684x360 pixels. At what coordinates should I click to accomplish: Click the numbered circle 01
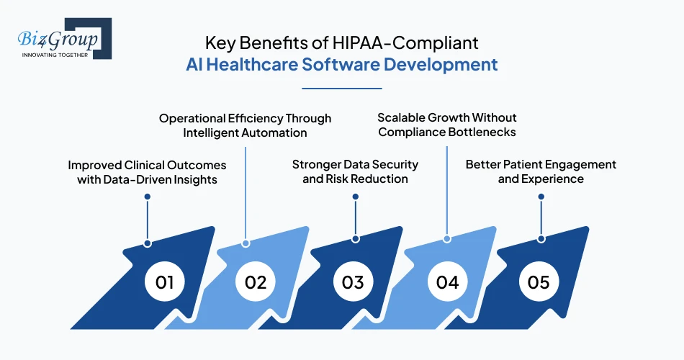pyautogui.click(x=165, y=282)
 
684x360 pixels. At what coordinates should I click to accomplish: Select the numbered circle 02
pyautogui.click(x=256, y=282)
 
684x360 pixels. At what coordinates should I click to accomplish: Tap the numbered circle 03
pyautogui.click(x=353, y=282)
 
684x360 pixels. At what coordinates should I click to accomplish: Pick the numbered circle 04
pyautogui.click(x=447, y=282)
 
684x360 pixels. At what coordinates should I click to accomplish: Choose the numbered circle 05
pyautogui.click(x=539, y=282)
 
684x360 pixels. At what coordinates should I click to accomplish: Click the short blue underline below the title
pyautogui.click(x=341, y=89)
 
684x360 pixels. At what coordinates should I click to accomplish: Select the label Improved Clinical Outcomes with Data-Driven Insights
pyautogui.click(x=147, y=172)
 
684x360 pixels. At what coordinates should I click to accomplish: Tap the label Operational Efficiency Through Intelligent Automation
pyautogui.click(x=245, y=125)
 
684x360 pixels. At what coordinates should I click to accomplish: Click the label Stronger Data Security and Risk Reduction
pyautogui.click(x=355, y=171)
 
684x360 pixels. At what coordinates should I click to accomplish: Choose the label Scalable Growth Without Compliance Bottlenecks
pyautogui.click(x=447, y=125)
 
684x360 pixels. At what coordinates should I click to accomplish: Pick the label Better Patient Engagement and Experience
pyautogui.click(x=541, y=171)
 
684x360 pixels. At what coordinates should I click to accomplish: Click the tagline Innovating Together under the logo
pyautogui.click(x=55, y=55)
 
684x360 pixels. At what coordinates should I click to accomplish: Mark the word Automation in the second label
pyautogui.click(x=276, y=132)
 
